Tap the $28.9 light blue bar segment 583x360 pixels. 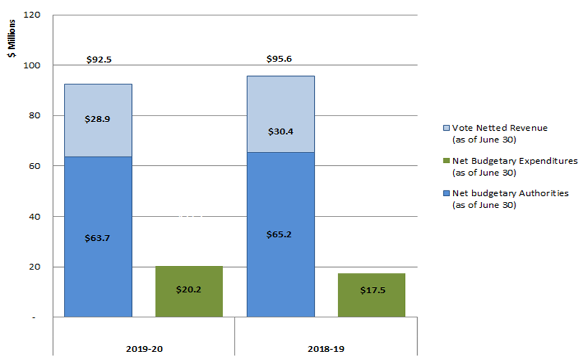tap(98, 120)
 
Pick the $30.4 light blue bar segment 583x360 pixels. tap(280, 114)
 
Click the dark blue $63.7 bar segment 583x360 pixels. tap(98, 237)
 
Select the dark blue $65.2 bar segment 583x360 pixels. tap(280, 234)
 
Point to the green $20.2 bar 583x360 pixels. tap(189, 291)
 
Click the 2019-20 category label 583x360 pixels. tap(143, 349)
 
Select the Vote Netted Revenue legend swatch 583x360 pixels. tap(446, 128)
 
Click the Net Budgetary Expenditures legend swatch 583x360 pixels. tap(446, 161)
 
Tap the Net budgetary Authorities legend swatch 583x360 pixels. tap(446, 194)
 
